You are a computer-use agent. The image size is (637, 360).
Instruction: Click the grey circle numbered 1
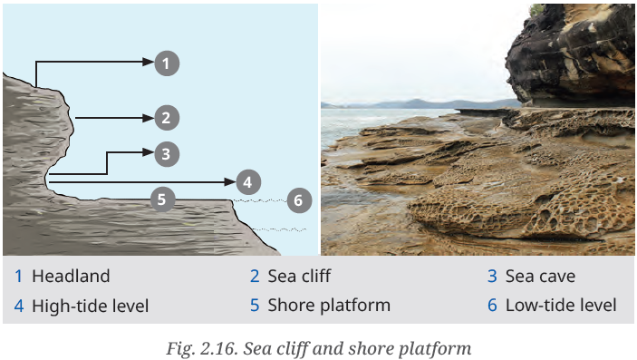click(x=167, y=63)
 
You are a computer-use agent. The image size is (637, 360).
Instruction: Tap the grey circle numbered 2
click(x=167, y=118)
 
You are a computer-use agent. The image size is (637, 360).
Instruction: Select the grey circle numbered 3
click(x=167, y=154)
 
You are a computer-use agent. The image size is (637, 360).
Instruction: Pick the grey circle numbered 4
click(x=248, y=182)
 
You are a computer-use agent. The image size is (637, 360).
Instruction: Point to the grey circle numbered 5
click(x=162, y=199)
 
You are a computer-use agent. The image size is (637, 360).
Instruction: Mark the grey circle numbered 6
click(x=299, y=200)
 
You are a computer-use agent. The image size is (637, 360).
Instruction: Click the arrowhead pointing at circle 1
click(x=149, y=62)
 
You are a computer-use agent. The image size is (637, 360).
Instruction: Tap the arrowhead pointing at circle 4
click(x=230, y=182)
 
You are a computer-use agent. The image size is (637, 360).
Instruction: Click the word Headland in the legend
click(x=71, y=277)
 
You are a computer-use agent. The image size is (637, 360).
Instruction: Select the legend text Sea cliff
click(x=299, y=277)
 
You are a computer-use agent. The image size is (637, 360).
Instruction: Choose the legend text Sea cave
click(x=540, y=277)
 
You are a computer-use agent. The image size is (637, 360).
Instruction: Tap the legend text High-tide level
click(x=91, y=306)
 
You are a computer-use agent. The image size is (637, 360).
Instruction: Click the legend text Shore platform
click(x=329, y=306)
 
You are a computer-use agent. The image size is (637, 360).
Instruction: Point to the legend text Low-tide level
click(x=561, y=306)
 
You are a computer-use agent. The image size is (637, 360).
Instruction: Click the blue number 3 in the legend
click(x=492, y=277)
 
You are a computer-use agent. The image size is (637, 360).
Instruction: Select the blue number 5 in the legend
click(x=255, y=306)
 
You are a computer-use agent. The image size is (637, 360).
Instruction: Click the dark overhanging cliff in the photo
click(x=571, y=55)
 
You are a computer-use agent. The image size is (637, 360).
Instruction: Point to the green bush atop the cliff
click(x=536, y=10)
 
